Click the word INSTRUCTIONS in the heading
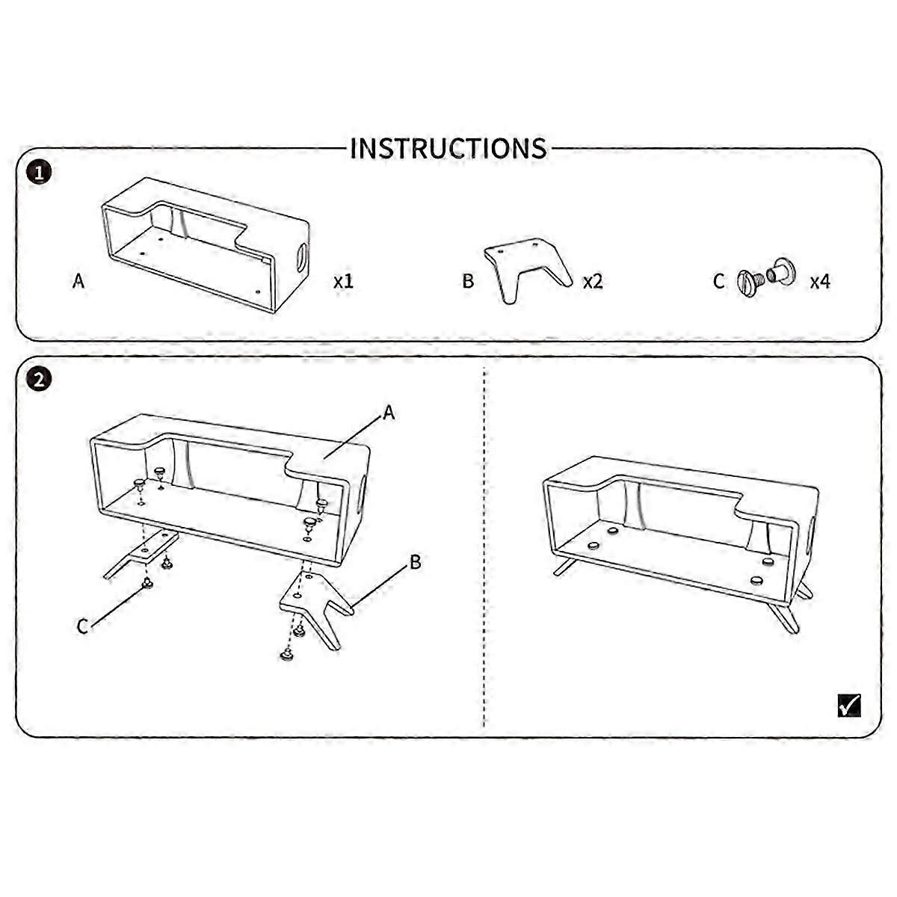pyautogui.click(x=449, y=149)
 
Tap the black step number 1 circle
pyautogui.click(x=39, y=173)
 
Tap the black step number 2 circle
pyautogui.click(x=39, y=380)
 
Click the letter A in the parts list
pyautogui.click(x=78, y=281)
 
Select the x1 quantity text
pyautogui.click(x=344, y=281)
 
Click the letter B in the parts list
pyautogui.click(x=468, y=281)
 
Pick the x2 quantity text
pyautogui.click(x=593, y=281)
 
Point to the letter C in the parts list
pyautogui.click(x=718, y=281)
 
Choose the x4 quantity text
pyautogui.click(x=820, y=281)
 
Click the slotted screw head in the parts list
pyautogui.click(x=746, y=282)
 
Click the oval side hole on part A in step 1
pyautogui.click(x=301, y=257)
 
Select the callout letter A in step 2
pyautogui.click(x=389, y=413)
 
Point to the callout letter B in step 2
pyautogui.click(x=415, y=562)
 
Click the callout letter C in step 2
pyautogui.click(x=82, y=626)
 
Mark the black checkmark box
pyautogui.click(x=849, y=718)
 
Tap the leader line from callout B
pyautogui.click(x=379, y=587)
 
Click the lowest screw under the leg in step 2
pyautogui.click(x=287, y=656)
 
